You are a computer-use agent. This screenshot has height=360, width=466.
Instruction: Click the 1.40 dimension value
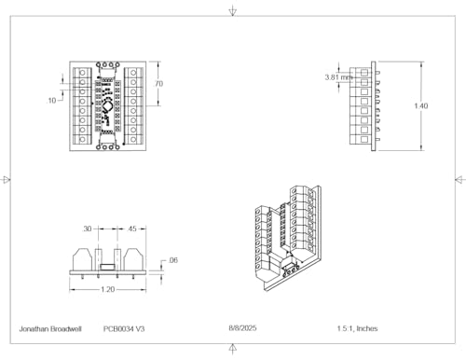(421, 106)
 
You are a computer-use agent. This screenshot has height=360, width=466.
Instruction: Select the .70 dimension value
(158, 84)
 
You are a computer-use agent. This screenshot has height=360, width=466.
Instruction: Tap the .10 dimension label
(51, 101)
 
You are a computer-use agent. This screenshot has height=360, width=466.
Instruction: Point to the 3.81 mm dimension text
(337, 77)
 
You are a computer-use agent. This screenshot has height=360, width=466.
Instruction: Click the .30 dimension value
(87, 228)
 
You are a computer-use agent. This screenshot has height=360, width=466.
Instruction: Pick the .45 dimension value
(131, 228)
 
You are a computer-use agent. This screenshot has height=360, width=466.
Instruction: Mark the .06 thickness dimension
(172, 260)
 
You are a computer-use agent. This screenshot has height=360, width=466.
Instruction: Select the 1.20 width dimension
(108, 289)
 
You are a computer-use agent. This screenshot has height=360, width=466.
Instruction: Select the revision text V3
(140, 329)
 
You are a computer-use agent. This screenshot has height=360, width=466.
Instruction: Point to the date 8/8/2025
(242, 328)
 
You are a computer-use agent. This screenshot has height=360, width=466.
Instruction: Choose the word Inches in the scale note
(367, 328)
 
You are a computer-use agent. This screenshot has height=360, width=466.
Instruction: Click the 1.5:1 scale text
(346, 328)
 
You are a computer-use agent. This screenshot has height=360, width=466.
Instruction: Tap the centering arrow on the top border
(233, 12)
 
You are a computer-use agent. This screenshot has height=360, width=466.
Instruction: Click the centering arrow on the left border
(7, 180)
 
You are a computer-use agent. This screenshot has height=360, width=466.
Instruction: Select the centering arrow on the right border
(459, 180)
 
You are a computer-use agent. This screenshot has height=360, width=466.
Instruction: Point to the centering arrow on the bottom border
(233, 348)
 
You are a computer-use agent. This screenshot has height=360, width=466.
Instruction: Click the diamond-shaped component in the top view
(107, 106)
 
